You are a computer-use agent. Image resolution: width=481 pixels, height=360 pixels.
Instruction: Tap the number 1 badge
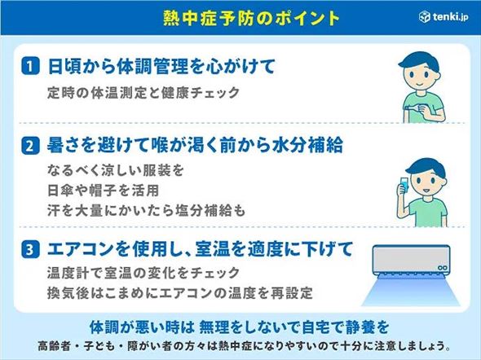point(29,65)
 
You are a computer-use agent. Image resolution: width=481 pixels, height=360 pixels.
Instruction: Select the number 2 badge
point(29,147)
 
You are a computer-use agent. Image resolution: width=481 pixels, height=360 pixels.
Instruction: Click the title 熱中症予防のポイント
point(239,16)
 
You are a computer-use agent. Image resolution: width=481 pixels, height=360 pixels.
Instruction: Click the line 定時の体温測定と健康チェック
point(143,92)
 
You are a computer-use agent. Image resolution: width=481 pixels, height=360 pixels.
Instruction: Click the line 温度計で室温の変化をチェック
point(145,272)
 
